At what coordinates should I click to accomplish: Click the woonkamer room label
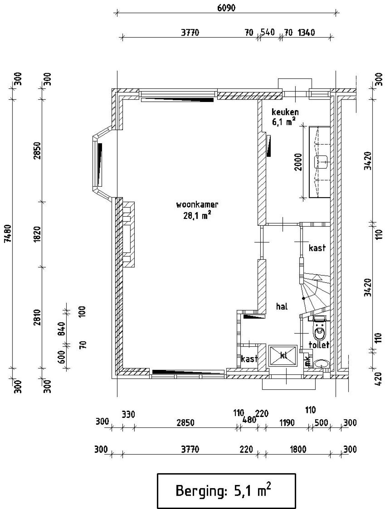[x=197, y=205]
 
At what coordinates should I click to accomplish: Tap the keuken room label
[x=285, y=112]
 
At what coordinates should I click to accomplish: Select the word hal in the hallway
[x=282, y=306]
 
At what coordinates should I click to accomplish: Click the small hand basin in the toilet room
[x=321, y=364]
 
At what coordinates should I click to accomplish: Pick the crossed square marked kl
[x=283, y=355]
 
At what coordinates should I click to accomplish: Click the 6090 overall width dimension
[x=226, y=8]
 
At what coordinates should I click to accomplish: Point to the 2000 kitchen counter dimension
[x=298, y=162]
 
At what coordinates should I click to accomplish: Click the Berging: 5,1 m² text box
[x=226, y=491]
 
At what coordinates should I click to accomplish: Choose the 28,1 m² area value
[x=197, y=215]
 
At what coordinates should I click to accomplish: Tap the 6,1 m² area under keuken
[x=283, y=122]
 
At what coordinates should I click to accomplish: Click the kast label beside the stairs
[x=317, y=248]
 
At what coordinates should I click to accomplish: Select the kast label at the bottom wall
[x=249, y=358]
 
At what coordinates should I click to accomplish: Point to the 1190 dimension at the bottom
[x=287, y=423]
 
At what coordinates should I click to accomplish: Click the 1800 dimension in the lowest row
[x=298, y=449]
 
